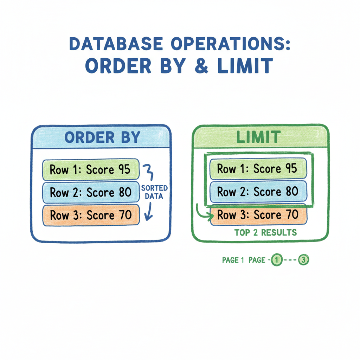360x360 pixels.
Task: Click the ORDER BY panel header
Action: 102,137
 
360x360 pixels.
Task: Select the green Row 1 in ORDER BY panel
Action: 91,169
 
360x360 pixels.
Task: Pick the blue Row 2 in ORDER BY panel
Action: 91,192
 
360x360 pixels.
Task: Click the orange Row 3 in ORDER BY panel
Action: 91,215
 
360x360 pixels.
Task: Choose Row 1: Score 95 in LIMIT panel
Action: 258,169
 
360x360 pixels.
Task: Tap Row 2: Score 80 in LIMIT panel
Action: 258,192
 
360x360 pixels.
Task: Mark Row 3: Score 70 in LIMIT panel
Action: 258,215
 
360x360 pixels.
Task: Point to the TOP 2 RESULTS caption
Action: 265,232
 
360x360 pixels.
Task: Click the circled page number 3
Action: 303,260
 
